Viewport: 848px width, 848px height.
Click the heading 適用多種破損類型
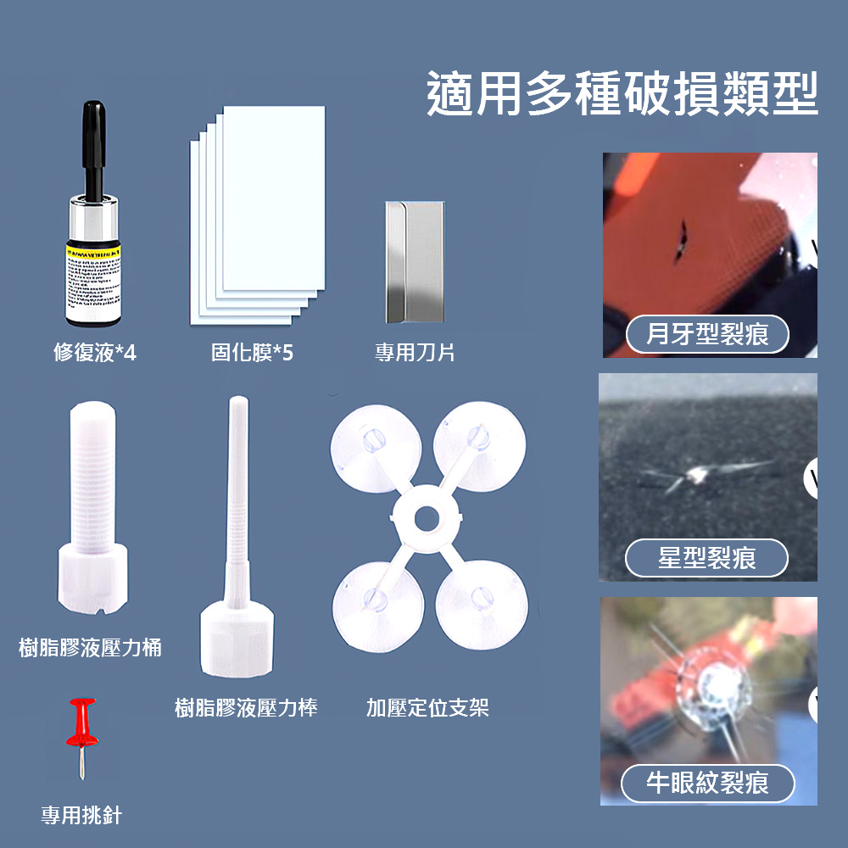[622, 93]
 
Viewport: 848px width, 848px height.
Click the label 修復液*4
[94, 353]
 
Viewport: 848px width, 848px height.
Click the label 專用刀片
[415, 353]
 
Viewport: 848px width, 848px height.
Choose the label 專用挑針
[81, 816]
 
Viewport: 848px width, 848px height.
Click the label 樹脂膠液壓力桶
[91, 649]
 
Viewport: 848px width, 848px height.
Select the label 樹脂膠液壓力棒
[246, 708]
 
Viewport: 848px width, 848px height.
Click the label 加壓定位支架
[427, 708]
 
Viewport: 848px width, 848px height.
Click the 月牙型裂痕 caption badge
[707, 335]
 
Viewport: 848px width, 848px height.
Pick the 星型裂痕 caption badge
[706, 558]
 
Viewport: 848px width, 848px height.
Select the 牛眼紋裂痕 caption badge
[707, 782]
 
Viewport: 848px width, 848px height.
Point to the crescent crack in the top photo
[680, 241]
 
